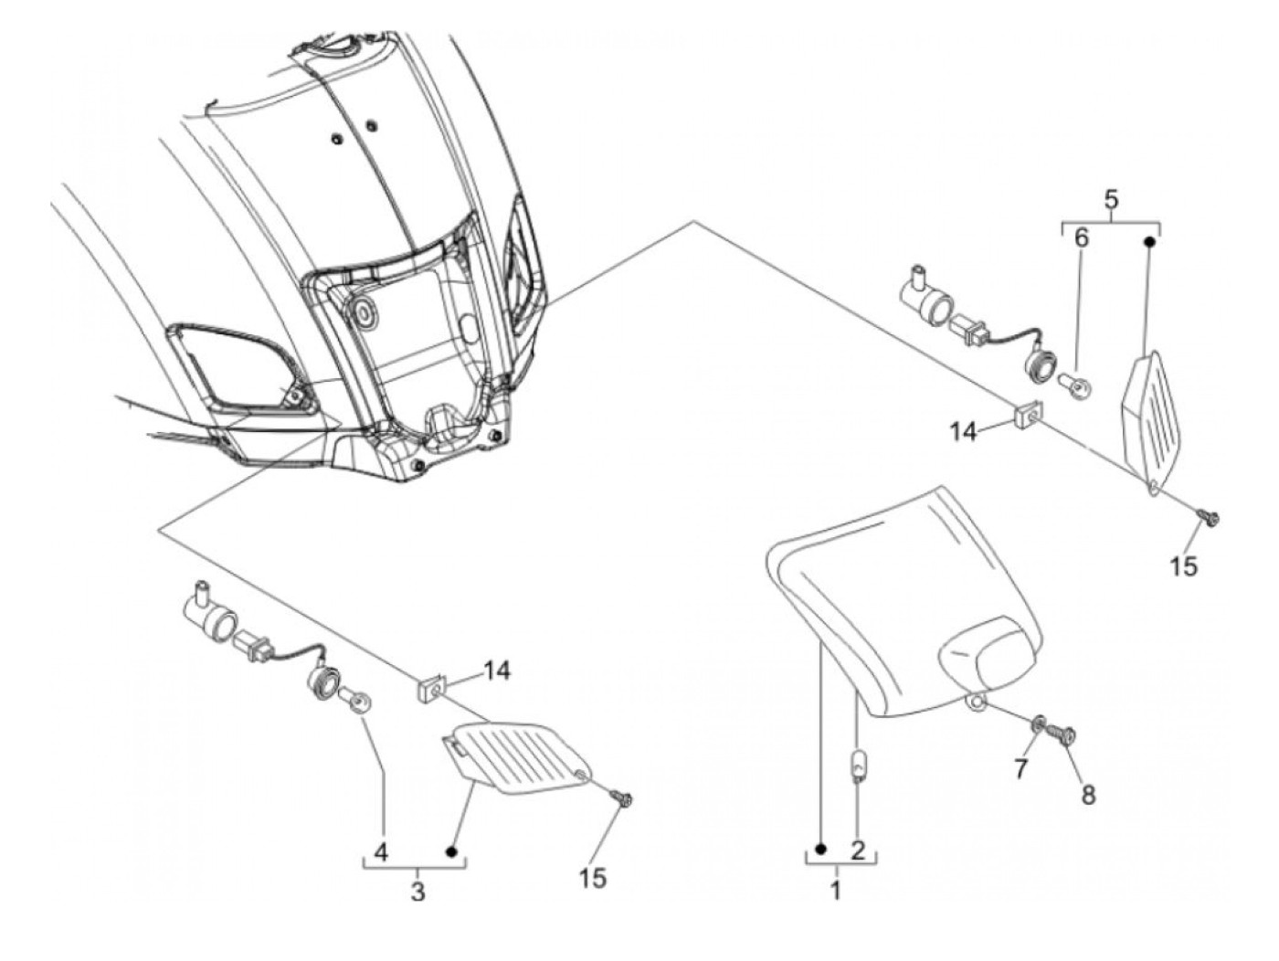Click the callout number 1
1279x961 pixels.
pyautogui.click(x=836, y=891)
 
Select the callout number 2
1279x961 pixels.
pyautogui.click(x=857, y=850)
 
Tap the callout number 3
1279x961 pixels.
pyautogui.click(x=418, y=891)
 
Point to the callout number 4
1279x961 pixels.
pyautogui.click(x=382, y=853)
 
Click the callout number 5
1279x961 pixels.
pyautogui.click(x=1111, y=197)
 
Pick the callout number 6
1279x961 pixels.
pyautogui.click(x=1081, y=239)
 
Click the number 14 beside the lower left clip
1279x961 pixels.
pyautogui.click(x=497, y=671)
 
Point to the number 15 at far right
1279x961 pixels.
pyautogui.click(x=1182, y=566)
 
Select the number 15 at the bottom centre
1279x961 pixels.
pyautogui.click(x=592, y=878)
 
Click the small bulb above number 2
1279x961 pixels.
pyautogui.click(x=856, y=766)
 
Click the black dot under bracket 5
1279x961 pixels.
pyautogui.click(x=1150, y=242)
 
